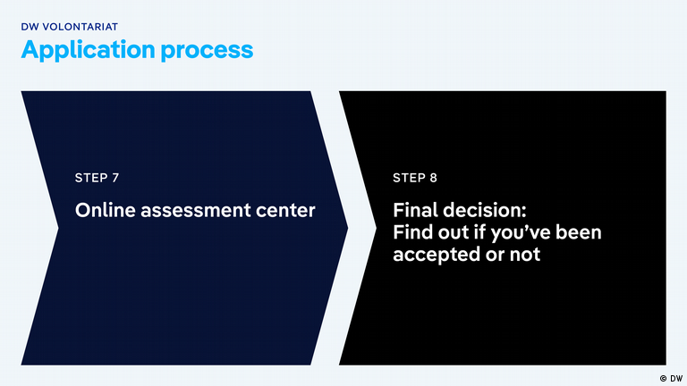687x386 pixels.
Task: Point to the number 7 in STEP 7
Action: [x=115, y=178]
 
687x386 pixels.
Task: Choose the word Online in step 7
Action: [x=102, y=211]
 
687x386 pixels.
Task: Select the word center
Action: [x=285, y=211]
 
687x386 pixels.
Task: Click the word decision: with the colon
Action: [x=487, y=211]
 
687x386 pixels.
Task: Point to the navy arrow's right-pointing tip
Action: [x=347, y=228]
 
